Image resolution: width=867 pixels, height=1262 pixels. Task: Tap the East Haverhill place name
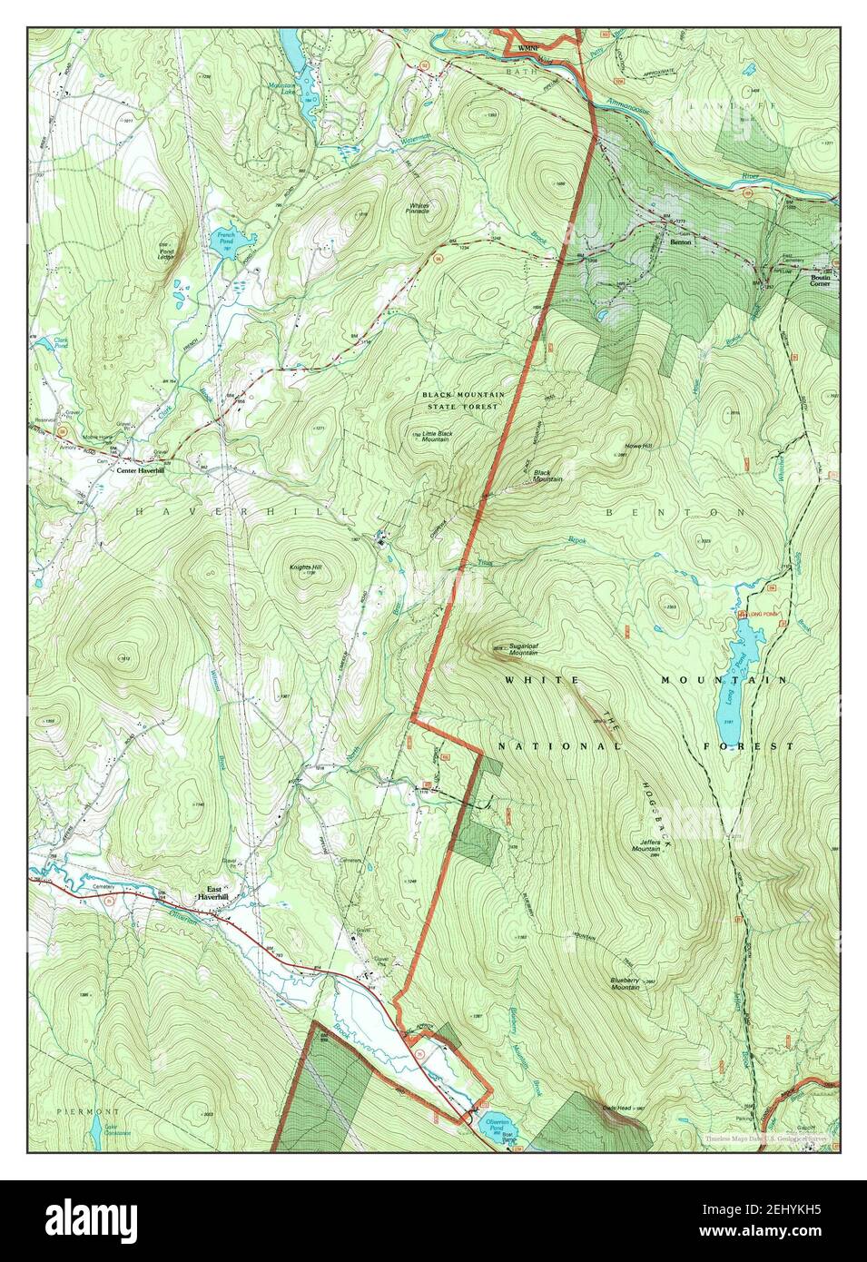(214, 893)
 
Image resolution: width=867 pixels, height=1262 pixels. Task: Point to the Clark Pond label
(61, 344)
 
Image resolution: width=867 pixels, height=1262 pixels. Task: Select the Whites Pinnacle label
(419, 208)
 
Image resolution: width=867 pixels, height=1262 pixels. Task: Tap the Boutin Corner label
(820, 279)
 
